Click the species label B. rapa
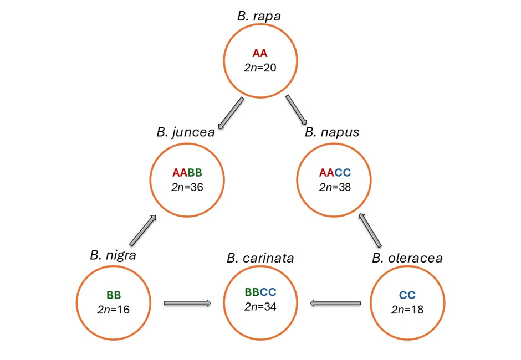pyautogui.click(x=259, y=16)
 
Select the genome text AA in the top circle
pyautogui.click(x=260, y=54)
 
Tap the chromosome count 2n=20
pyautogui.click(x=260, y=68)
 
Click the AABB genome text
pyautogui.click(x=187, y=173)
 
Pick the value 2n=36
pyautogui.click(x=187, y=187)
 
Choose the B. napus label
pyautogui.click(x=332, y=132)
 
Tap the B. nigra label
pyautogui.click(x=113, y=255)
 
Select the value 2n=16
pyautogui.click(x=113, y=309)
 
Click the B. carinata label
pyautogui.click(x=260, y=258)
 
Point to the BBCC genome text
pyautogui.click(x=260, y=292)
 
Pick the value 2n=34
pyautogui.click(x=260, y=306)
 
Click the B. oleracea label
pyautogui.click(x=407, y=258)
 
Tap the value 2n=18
pyautogui.click(x=407, y=309)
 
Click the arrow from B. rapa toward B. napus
pyautogui.click(x=297, y=110)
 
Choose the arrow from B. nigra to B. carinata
pyautogui.click(x=187, y=303)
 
